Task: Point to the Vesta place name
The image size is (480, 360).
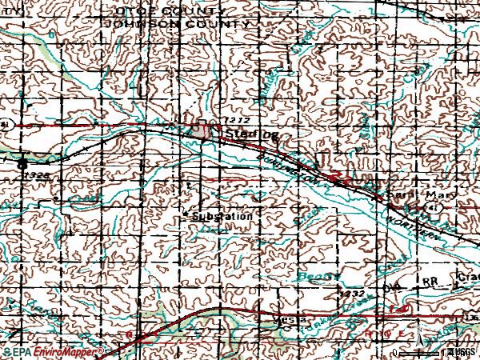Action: [x=272, y=319]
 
